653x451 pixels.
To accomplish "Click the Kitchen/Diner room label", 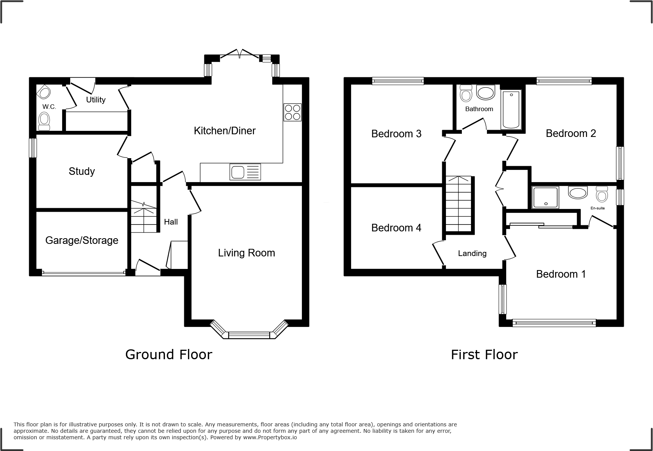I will (x=224, y=131).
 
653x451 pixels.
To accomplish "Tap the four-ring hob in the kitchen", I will (x=292, y=112).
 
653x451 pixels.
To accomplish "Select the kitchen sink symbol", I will (x=245, y=172).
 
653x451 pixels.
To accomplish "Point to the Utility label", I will (x=96, y=100).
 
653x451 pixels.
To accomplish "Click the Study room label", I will (x=82, y=171).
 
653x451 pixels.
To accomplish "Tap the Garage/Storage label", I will (x=82, y=240).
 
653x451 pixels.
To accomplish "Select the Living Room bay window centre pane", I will (x=249, y=335).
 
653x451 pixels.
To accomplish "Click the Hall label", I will (x=171, y=222).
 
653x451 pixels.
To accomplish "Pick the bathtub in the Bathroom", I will (x=511, y=110).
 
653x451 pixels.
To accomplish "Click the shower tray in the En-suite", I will (x=546, y=197).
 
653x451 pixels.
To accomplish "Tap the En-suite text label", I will (x=598, y=208).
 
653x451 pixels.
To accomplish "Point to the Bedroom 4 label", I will (x=396, y=228).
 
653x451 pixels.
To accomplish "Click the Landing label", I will (x=472, y=253).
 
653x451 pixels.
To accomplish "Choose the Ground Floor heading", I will (x=168, y=355).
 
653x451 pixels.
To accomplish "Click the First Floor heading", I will (x=484, y=355).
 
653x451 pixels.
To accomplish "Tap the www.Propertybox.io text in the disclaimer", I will (x=270, y=437).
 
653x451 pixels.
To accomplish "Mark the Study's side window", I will (x=33, y=148).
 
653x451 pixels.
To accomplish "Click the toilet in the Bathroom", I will (x=465, y=93).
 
